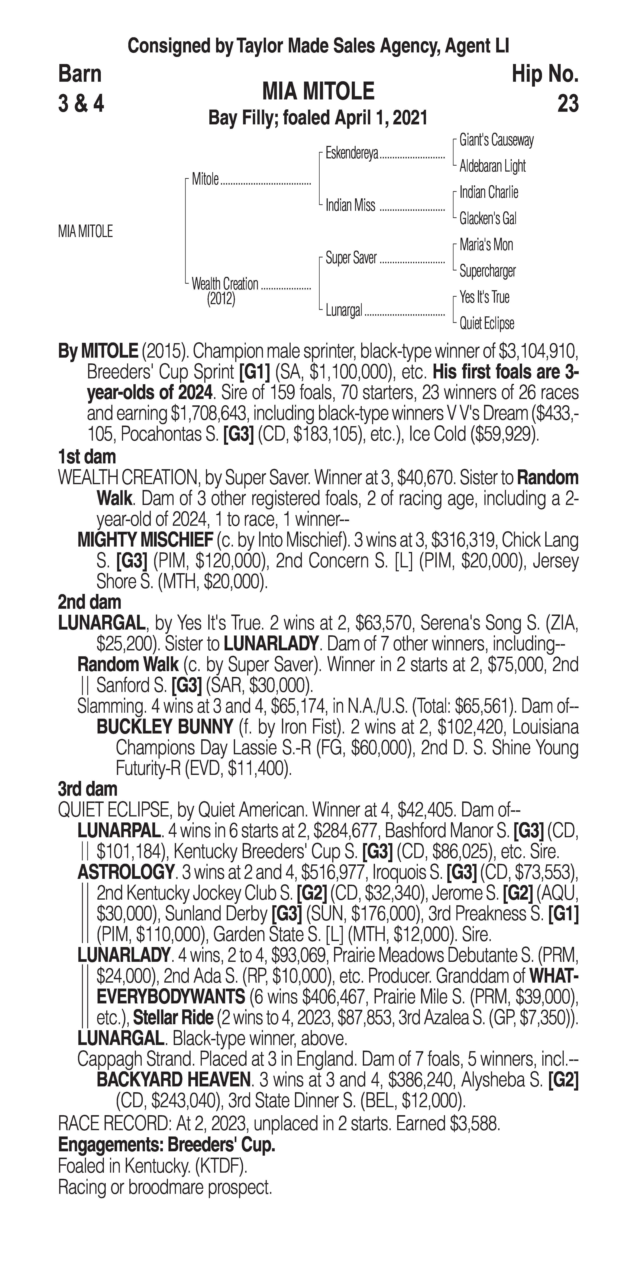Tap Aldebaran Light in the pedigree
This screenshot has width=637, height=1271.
coord(492,166)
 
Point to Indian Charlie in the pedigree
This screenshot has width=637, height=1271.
coord(489,192)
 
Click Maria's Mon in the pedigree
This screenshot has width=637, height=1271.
coord(486,245)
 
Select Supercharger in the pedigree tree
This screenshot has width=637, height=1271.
coord(487,271)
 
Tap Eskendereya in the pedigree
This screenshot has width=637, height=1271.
coord(352,153)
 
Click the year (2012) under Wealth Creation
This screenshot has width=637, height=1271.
coord(221,299)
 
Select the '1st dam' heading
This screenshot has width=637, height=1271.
coord(87,456)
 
